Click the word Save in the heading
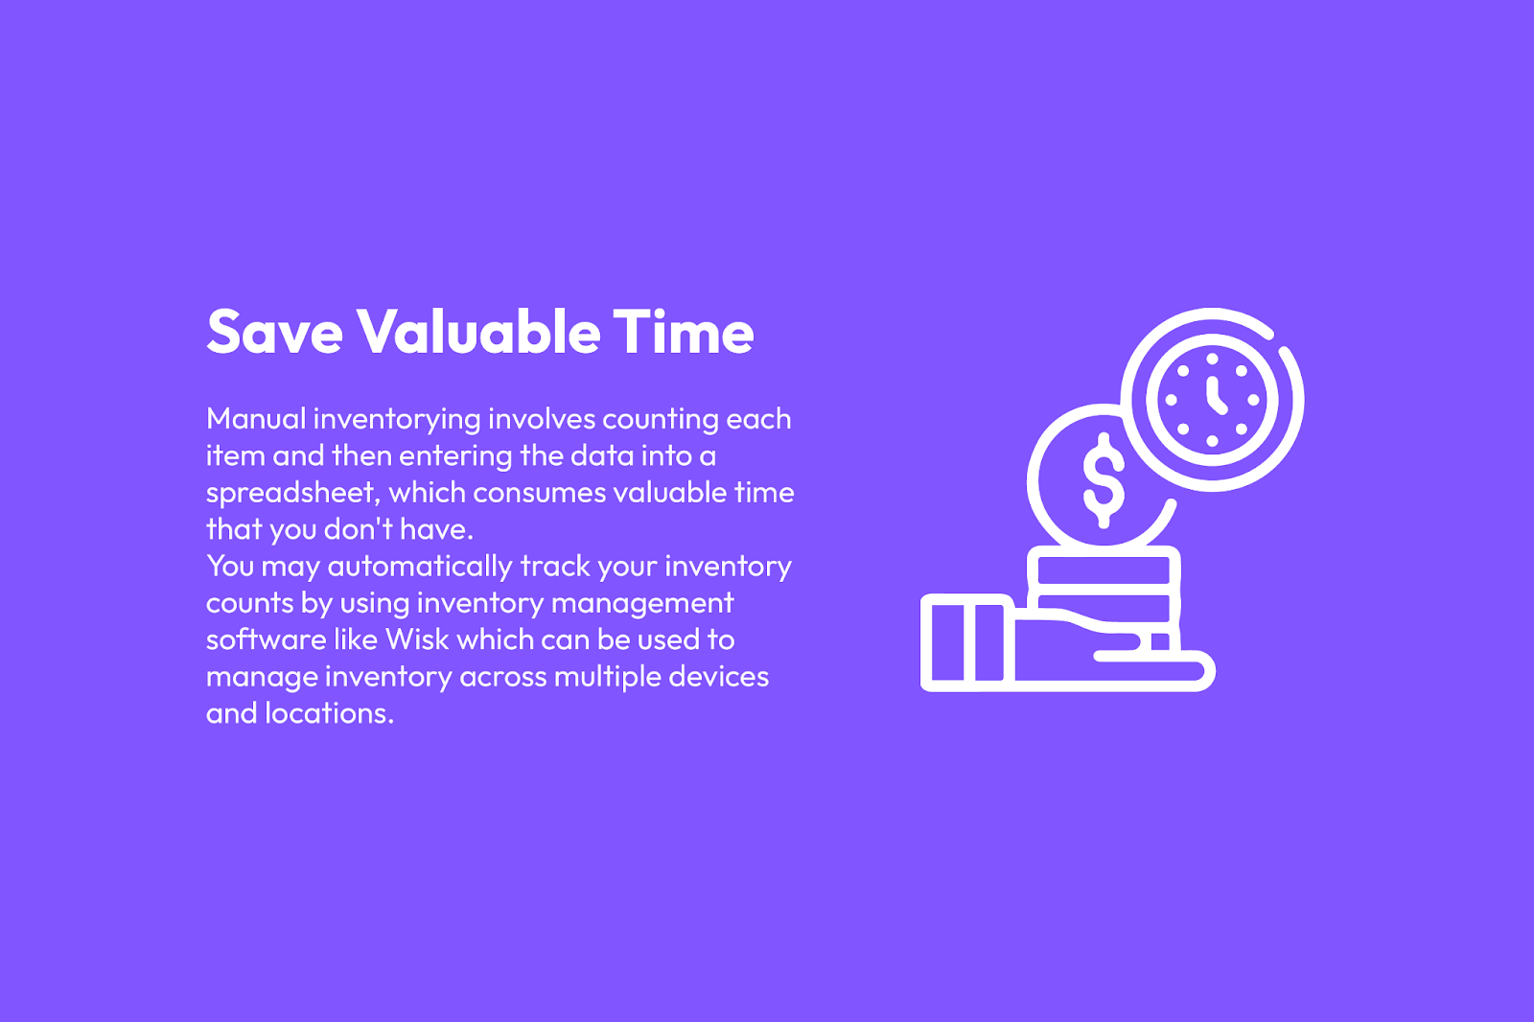pos(274,333)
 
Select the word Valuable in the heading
pos(478,333)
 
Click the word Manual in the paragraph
pos(256,419)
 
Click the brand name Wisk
pos(417,639)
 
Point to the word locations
pos(330,713)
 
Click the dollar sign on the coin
pos(1104,480)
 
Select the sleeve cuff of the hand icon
pos(967,642)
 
